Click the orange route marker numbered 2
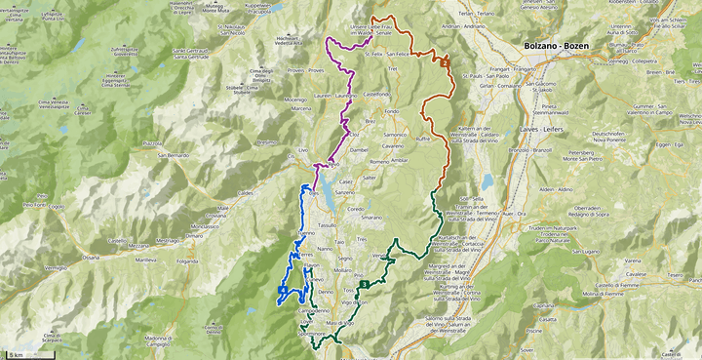445,62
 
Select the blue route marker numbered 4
282,290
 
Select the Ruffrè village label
422,139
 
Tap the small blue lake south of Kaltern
486,181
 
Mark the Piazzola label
152,142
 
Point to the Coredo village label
355,209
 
